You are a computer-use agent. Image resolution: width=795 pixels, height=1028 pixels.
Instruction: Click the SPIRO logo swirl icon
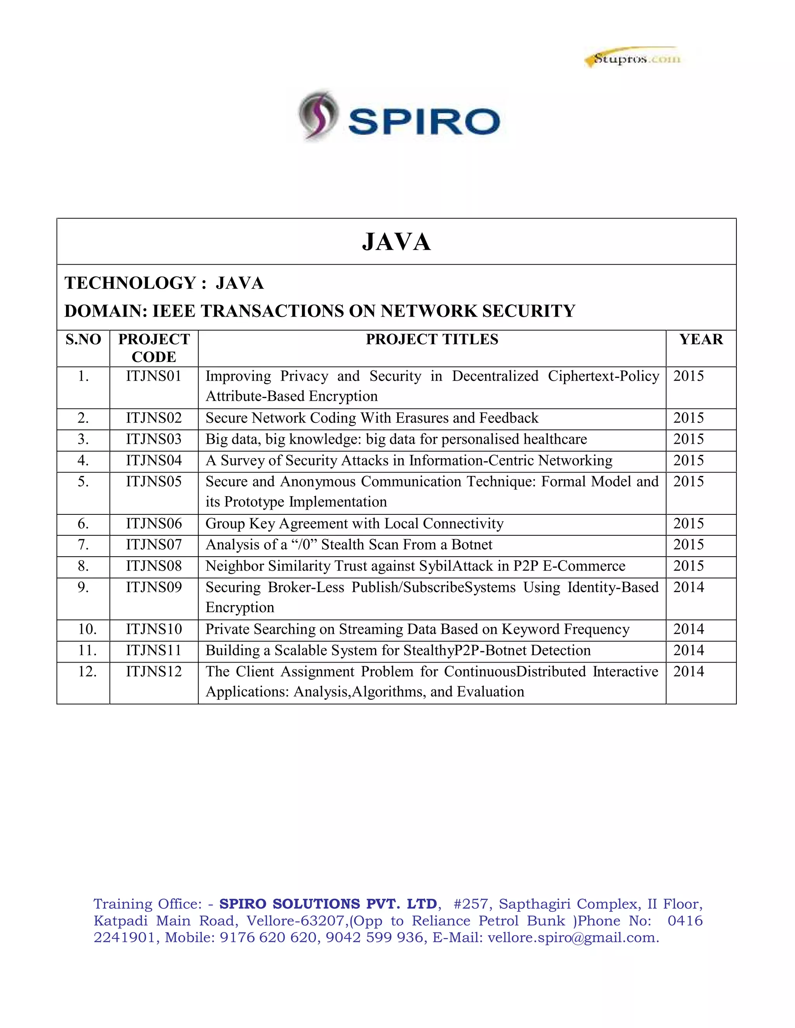pos(318,114)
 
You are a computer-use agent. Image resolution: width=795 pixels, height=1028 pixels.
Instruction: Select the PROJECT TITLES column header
pos(432,339)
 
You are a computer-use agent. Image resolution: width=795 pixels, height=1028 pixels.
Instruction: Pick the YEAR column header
pos(701,339)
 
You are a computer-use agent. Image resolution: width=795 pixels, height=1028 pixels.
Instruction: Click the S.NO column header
pos(83,339)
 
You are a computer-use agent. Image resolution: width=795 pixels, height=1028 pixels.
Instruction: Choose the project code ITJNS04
pos(154,460)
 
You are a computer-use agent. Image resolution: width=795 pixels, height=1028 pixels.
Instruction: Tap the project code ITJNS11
pos(154,651)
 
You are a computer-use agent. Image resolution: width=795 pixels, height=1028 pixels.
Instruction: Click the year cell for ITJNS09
pos(689,587)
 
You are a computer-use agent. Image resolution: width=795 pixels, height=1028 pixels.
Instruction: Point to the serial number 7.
pos(83,545)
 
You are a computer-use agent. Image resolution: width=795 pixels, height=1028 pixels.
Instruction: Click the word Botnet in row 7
pos(472,545)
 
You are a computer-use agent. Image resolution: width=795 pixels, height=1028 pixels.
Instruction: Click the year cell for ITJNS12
pos(689,671)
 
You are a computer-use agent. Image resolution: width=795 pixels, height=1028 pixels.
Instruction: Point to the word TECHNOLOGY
pos(130,283)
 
